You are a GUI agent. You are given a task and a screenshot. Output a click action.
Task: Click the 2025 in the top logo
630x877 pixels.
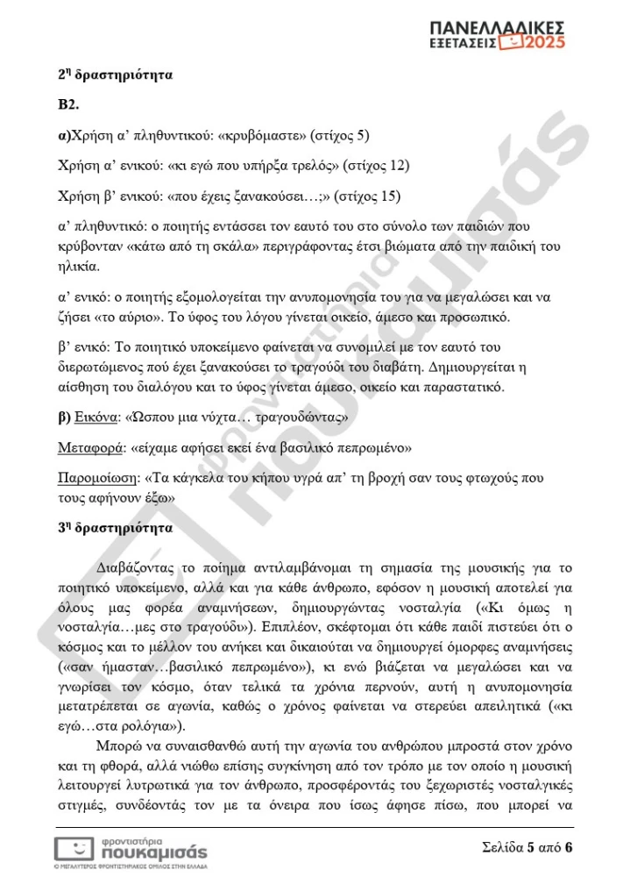coord(544,41)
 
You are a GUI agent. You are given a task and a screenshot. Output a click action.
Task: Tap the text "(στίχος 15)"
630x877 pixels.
coord(370,195)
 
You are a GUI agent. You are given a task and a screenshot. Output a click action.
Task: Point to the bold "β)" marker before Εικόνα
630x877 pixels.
coord(63,417)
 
